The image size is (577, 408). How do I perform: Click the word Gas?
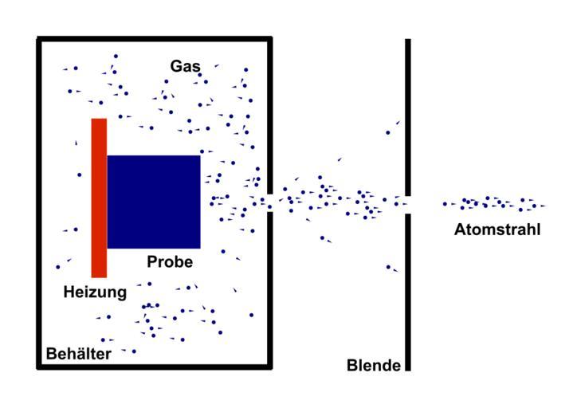[x=185, y=65]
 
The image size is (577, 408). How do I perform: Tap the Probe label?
[x=170, y=261]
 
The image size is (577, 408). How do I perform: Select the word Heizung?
[x=95, y=292]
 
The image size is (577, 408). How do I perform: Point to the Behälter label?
[x=78, y=353]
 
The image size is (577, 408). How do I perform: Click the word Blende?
[x=373, y=366]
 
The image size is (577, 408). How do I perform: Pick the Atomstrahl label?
[x=497, y=230]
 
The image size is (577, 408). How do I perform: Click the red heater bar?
[x=99, y=197]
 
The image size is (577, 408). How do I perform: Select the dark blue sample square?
[x=153, y=202]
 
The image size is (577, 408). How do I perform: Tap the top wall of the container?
[x=155, y=39]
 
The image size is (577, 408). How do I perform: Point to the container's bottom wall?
[x=155, y=367]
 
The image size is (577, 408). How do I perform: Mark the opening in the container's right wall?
[x=269, y=200]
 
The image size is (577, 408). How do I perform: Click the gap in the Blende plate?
[x=407, y=202]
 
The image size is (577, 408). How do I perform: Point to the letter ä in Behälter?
[x=83, y=353]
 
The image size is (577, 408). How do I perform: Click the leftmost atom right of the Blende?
[x=445, y=204]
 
